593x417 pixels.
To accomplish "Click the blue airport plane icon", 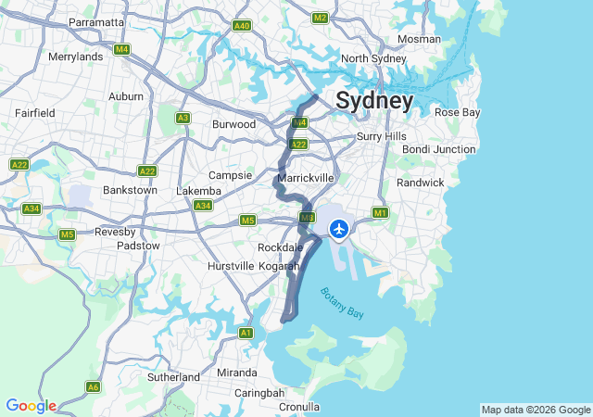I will [339, 227].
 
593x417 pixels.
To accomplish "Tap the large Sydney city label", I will [374, 100].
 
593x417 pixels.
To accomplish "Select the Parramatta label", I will [96, 21].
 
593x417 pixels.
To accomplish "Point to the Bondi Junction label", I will [438, 149].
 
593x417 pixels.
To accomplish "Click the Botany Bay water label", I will [342, 303].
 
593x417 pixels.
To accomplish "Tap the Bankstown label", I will [129, 190].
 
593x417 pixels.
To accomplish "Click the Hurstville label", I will [230, 266].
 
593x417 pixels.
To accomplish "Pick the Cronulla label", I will [298, 406].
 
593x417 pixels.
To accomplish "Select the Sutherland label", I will [173, 377].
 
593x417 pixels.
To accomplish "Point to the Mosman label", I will [419, 39].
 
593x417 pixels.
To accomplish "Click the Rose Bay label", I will [457, 112].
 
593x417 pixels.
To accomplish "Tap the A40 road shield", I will [242, 26].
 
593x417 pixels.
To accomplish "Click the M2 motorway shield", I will [321, 18].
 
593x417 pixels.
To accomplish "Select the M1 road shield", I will [380, 213].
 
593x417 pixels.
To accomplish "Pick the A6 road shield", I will [93, 386].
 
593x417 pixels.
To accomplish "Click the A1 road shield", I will [246, 333].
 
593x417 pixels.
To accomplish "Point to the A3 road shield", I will [183, 118].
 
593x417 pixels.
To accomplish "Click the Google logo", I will [31, 406].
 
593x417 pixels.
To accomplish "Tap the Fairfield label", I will [35, 112].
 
